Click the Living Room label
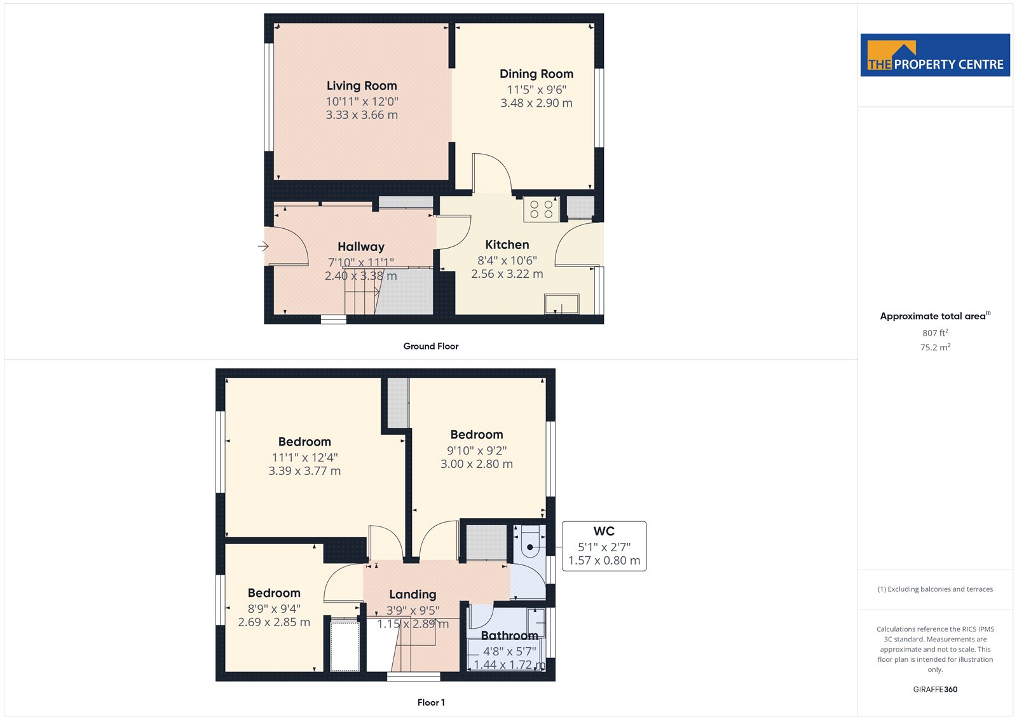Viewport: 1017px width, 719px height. coord(362,86)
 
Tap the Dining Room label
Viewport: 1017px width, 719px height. coord(536,74)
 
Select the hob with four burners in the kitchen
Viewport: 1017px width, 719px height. coord(541,209)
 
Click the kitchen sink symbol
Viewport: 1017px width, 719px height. coord(562,304)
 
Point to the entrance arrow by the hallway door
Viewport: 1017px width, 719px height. coord(263,246)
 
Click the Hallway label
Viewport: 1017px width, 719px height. coord(361,247)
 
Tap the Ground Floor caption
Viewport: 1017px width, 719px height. coord(431,346)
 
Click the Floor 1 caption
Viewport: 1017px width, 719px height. coord(431,702)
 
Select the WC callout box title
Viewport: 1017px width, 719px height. coord(604,531)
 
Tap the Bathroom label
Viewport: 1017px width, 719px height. coord(509,636)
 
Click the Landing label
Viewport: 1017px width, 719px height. coord(413,594)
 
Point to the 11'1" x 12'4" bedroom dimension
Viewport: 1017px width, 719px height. coord(304,457)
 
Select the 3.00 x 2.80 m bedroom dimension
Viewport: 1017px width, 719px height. coord(477,463)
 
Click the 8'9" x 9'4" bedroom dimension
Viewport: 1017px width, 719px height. coord(274,608)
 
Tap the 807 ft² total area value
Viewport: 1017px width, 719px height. coord(935,333)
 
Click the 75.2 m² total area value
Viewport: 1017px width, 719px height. coord(935,348)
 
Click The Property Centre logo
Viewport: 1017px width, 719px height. coord(935,55)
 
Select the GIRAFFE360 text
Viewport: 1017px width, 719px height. coord(935,689)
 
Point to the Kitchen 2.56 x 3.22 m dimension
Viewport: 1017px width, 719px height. coord(507,274)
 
